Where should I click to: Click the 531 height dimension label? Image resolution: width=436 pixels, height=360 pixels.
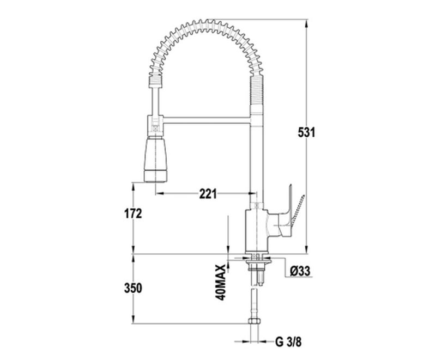306,132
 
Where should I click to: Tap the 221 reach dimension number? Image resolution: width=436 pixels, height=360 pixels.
208,193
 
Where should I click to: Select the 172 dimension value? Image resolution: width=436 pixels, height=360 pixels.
132,213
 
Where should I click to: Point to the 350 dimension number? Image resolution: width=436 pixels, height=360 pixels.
133,288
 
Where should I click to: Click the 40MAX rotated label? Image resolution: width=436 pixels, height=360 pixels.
221,283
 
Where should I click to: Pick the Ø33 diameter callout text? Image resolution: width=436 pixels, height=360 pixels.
300,271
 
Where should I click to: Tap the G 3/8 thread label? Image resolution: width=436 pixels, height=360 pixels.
288,342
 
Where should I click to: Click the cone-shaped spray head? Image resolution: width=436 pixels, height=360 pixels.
156,159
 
